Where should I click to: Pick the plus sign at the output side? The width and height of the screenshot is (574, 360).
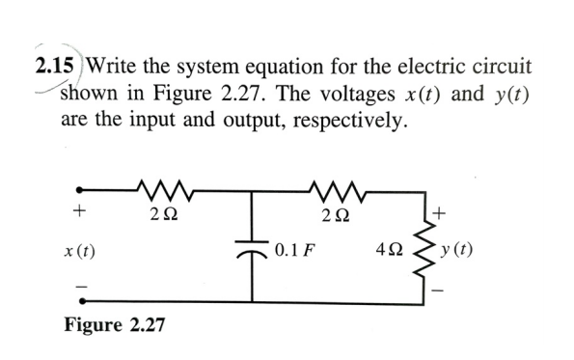point(443,209)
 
